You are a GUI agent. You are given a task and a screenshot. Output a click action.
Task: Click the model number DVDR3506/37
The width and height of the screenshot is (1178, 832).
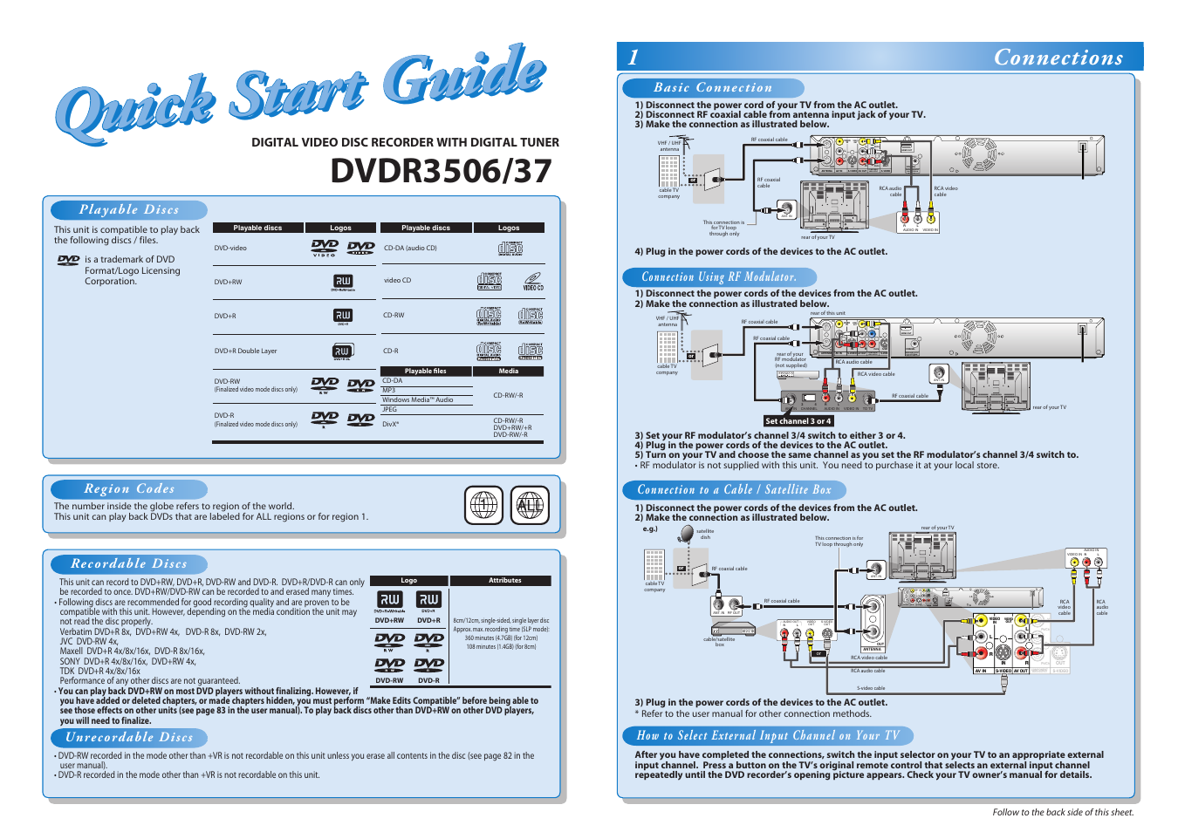(441, 171)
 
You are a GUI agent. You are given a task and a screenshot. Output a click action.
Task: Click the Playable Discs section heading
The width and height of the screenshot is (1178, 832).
(129, 209)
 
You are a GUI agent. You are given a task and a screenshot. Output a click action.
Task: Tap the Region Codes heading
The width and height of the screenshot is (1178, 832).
(129, 488)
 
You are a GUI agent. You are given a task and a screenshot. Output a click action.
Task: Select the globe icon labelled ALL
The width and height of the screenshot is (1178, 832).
(530, 505)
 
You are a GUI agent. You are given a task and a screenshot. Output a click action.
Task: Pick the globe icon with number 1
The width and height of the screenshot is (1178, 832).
(483, 505)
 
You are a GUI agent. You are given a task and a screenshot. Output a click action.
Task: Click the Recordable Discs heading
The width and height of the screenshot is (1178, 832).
(129, 563)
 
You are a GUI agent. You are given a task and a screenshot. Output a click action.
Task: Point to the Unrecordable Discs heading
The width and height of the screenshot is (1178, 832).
(129, 737)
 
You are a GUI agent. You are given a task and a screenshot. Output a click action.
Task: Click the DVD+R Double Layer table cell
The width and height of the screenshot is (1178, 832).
(246, 351)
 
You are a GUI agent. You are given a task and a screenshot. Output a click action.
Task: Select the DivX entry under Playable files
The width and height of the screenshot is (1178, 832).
(391, 425)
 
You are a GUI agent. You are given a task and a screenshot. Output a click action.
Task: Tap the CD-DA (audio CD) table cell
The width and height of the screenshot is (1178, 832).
(410, 248)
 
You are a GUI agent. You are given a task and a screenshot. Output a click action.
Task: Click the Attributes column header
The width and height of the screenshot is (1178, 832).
(504, 580)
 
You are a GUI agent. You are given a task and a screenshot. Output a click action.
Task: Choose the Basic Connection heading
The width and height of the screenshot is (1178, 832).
(713, 87)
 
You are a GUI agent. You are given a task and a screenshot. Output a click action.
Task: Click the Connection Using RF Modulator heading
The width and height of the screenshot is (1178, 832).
(719, 276)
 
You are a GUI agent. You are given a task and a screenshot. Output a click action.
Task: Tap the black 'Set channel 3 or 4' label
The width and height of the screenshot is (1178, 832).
(798, 420)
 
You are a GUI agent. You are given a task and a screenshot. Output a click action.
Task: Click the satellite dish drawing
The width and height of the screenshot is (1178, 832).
(688, 534)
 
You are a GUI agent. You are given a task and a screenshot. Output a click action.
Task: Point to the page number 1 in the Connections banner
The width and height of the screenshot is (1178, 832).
(634, 58)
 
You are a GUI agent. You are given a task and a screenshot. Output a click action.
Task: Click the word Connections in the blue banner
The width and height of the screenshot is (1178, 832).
(1058, 58)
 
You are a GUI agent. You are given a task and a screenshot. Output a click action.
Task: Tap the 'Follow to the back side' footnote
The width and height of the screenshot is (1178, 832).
(1063, 812)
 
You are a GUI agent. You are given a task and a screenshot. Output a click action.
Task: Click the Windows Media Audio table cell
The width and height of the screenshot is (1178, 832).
(418, 399)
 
